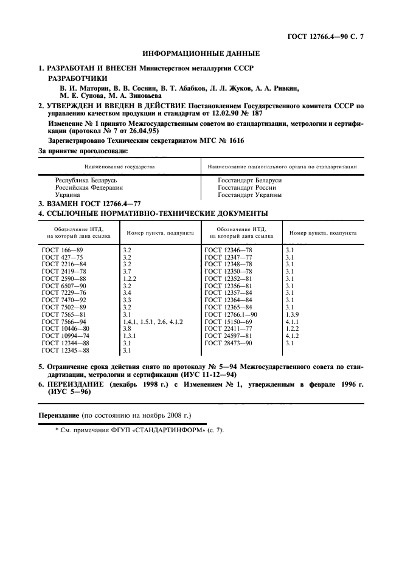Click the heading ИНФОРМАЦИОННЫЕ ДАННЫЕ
pyautogui.click(x=201, y=54)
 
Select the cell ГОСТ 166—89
pyautogui.click(x=60, y=250)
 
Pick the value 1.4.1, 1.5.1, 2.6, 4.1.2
pyautogui.click(x=153, y=320)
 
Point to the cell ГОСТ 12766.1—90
pyautogui.click(x=231, y=314)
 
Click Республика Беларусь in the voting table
pyautogui.click(x=86, y=180)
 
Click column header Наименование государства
pyautogui.click(x=119, y=165)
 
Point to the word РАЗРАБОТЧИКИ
pyautogui.click(x=77, y=78)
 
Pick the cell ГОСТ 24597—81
pyautogui.click(x=227, y=336)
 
